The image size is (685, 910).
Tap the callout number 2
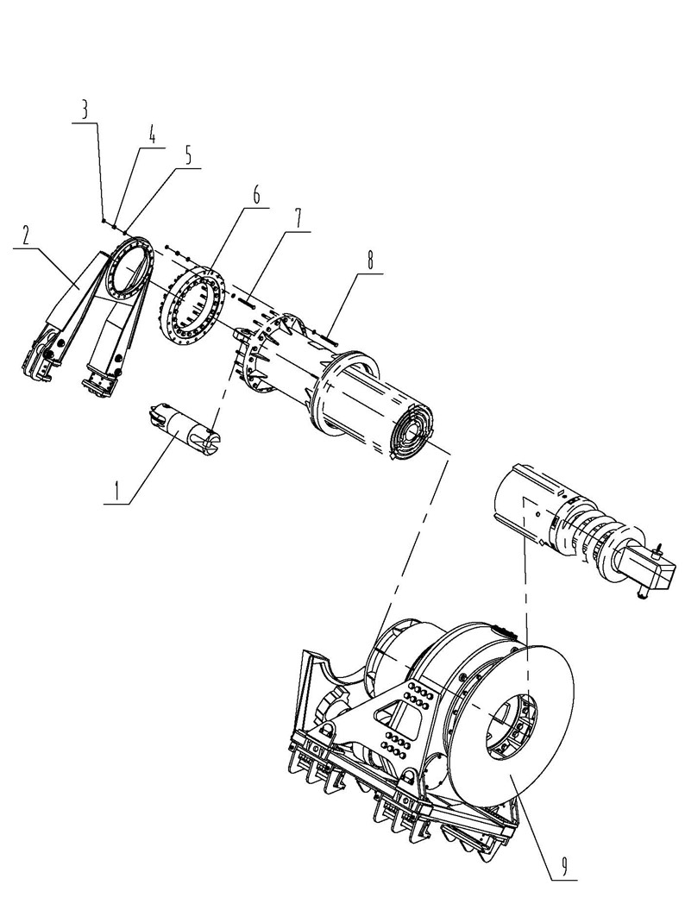coord(26,235)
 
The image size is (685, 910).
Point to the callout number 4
coord(152,136)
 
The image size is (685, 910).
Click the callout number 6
coord(255,195)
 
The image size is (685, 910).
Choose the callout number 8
coord(370,260)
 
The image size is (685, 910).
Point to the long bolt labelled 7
coord(247,302)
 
